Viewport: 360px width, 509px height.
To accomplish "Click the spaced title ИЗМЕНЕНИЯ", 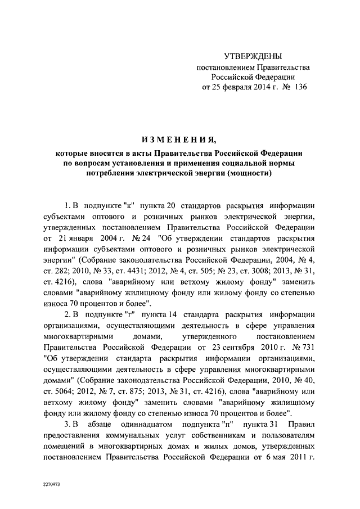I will (180, 139).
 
